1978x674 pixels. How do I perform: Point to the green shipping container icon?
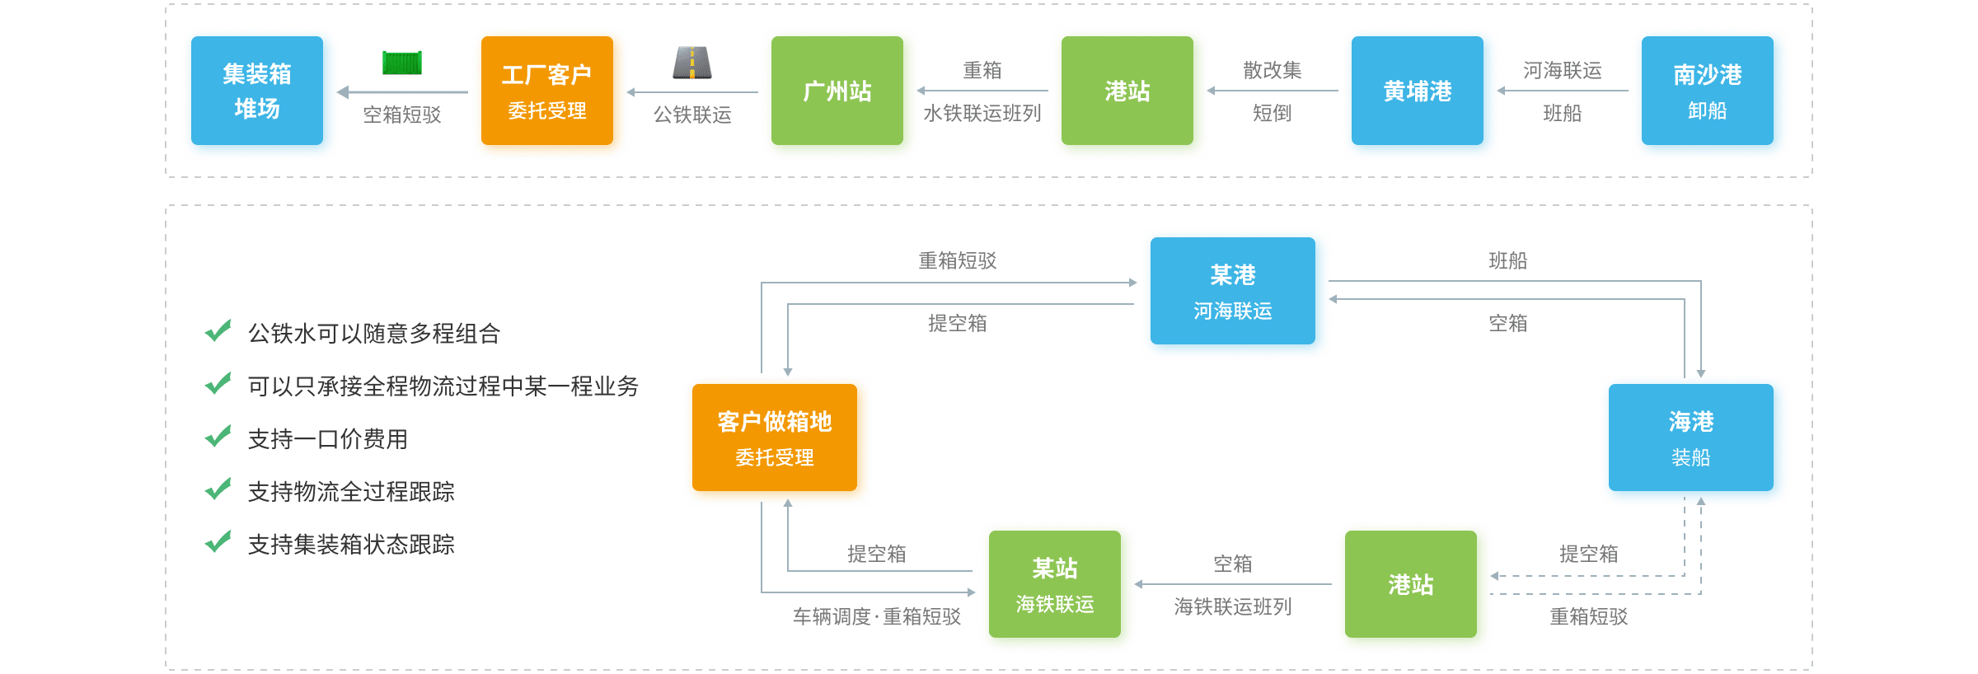coord(402,63)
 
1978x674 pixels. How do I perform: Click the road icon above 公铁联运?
coord(692,63)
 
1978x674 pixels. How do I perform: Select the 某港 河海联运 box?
coord(1235,293)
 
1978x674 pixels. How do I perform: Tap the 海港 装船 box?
coord(1694,440)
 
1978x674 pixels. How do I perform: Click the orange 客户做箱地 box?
coord(777,440)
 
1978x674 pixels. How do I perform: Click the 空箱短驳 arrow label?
coord(402,115)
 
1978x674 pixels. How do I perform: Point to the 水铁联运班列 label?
coord(982,114)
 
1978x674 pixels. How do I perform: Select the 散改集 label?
coord(1272,71)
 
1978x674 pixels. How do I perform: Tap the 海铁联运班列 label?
coord(1233,607)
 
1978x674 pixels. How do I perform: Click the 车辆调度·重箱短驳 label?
coord(876,616)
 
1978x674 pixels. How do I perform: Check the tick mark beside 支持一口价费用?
coord(218,437)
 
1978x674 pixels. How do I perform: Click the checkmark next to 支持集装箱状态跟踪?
coord(218,542)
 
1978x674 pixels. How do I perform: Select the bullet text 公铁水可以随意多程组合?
coord(374,334)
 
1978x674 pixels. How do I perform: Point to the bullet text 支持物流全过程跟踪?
coord(351,492)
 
